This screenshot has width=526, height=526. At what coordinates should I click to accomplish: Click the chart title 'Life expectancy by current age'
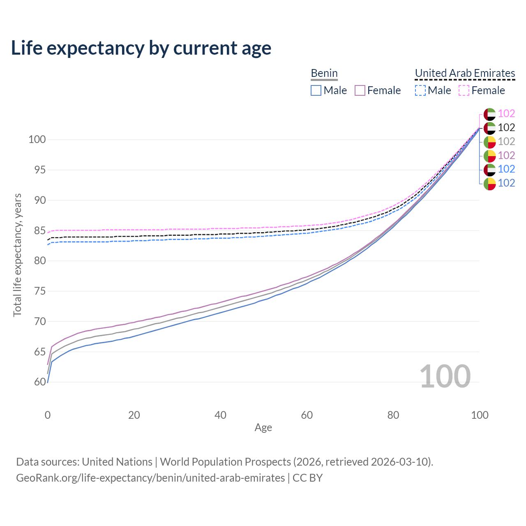pos(141,48)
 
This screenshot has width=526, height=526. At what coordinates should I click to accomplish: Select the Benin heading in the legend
pos(324,73)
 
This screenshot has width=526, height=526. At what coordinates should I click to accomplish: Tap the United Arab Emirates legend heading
pos(465,73)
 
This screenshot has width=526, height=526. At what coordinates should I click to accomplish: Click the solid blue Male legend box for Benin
pos(316,90)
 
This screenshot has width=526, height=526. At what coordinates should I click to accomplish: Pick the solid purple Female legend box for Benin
pos(360,90)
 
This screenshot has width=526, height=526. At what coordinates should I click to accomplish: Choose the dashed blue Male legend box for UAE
pos(420,90)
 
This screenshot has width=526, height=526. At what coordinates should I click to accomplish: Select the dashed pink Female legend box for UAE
pos(464,90)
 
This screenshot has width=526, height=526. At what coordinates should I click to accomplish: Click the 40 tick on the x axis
pos(221,415)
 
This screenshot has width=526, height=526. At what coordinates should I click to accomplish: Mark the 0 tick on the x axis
pos(48,415)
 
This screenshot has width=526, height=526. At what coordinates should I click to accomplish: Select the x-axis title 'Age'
pos(263,428)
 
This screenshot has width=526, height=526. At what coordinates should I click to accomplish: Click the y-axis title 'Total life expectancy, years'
pos(17,255)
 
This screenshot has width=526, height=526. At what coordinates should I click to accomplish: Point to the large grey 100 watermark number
pos(445,376)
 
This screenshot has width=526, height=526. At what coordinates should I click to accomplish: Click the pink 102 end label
pos(506,113)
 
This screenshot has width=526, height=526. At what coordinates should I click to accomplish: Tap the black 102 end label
pos(506,128)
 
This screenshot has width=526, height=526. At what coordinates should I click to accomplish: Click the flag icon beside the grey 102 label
pos(489,142)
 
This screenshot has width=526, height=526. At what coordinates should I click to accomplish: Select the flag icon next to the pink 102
pos(489,114)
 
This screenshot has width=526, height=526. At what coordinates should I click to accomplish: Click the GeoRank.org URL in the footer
pos(150,478)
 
